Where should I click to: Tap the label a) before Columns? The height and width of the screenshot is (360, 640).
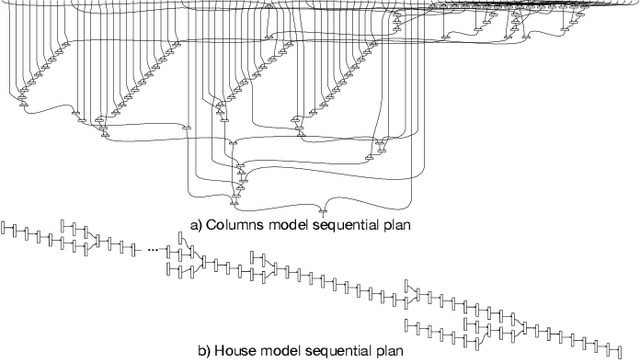point(196,225)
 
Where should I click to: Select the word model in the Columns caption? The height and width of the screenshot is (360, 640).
point(290,225)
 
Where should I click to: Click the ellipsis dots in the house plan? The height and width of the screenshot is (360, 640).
point(154,247)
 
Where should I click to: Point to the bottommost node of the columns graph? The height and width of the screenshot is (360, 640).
point(322,212)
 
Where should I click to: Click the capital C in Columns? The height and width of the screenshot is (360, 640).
point(212,225)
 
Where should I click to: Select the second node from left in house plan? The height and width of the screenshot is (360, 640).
point(15,231)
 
